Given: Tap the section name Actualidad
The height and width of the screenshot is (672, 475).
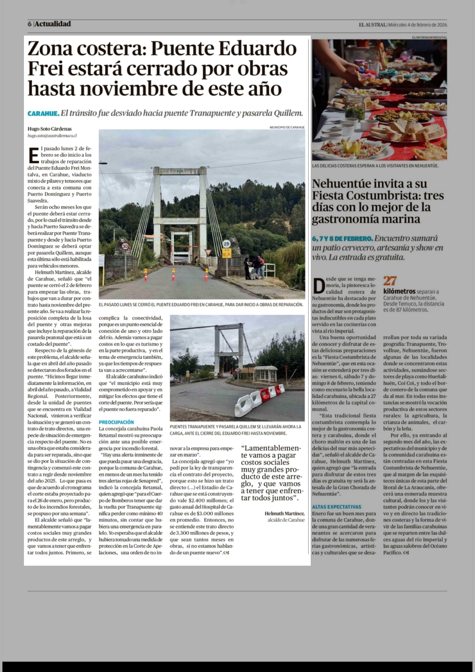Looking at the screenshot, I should click(53, 24).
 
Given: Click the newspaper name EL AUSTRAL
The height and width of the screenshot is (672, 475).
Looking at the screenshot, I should click(372, 25).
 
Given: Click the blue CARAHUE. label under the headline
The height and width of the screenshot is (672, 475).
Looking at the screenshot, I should click(43, 113).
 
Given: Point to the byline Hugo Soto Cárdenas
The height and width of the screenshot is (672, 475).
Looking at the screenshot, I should click(49, 129).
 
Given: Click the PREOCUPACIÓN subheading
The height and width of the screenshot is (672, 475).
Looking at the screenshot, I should click(116, 422).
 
